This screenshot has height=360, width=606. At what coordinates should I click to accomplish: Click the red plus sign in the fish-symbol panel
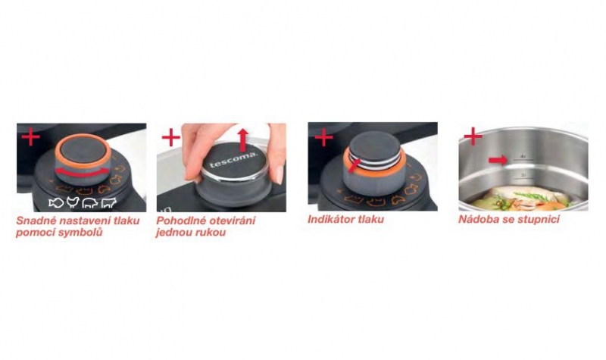pyautogui.click(x=30, y=137)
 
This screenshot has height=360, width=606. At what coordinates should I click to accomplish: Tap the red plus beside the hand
pyautogui.click(x=171, y=137)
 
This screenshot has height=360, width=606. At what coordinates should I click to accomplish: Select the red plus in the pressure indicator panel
pyautogui.click(x=324, y=137)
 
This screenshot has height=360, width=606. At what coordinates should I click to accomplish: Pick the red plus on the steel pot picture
pyautogui.click(x=473, y=136)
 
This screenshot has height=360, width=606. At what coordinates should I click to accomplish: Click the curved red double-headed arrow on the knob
pyautogui.click(x=82, y=174)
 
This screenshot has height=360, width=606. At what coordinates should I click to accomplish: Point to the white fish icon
pyautogui.click(x=56, y=202)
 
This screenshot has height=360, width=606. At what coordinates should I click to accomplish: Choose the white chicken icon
pyautogui.click(x=73, y=202)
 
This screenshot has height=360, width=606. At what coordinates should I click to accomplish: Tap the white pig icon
pyautogui.click(x=89, y=202)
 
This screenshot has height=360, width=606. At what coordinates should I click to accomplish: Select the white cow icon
pyautogui.click(x=108, y=202)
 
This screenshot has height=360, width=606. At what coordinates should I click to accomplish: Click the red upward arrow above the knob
pyautogui.click(x=242, y=140)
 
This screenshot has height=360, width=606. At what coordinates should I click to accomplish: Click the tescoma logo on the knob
pyautogui.click(x=233, y=161)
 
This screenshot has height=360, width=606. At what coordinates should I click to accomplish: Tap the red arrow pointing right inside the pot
pyautogui.click(x=498, y=160)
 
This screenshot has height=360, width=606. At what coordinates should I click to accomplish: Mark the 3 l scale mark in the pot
pyautogui.click(x=523, y=175)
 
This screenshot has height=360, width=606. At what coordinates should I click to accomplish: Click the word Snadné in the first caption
pyautogui.click(x=36, y=221)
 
